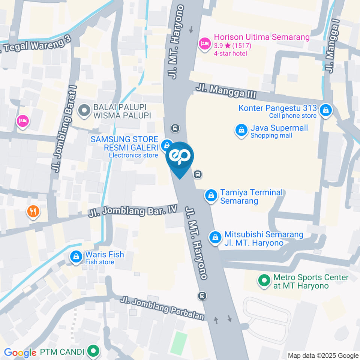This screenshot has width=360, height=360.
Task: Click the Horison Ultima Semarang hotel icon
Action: (204, 43)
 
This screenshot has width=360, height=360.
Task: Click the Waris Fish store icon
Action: (76, 257)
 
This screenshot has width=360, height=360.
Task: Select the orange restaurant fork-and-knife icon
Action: (33, 211)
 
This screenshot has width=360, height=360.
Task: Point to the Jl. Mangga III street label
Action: (225, 91)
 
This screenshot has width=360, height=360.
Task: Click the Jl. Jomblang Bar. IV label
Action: (132, 211)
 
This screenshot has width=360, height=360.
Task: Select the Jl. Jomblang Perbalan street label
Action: (162, 309)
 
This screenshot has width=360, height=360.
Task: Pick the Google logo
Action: (19, 353)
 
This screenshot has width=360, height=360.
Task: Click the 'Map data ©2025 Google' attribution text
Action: (323, 355)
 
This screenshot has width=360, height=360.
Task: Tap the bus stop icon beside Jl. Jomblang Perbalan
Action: (202, 296)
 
